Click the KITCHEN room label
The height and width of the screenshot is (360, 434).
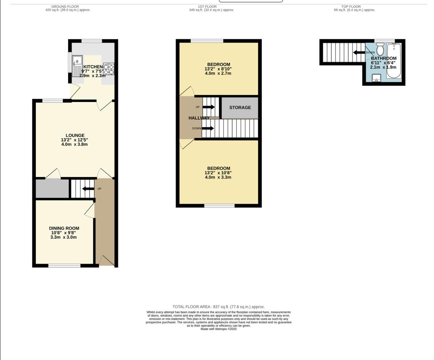point(93,67)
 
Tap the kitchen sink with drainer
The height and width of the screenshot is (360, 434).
point(77,66)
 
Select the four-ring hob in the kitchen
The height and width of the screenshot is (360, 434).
point(108,69)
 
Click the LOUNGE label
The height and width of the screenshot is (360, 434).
point(75,135)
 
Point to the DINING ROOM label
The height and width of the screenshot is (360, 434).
point(64,228)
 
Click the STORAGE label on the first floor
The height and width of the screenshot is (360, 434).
point(240,107)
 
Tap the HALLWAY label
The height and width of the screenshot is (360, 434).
point(199,118)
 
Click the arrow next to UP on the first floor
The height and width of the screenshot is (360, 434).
point(209,107)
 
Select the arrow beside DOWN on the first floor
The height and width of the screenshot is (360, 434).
point(208,128)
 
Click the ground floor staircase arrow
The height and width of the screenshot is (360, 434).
point(88,189)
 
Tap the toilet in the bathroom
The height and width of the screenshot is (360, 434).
point(380,50)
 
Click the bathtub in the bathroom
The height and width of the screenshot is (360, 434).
point(394,61)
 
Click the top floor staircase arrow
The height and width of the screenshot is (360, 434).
point(359,52)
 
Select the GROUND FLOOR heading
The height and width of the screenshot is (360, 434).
point(65,6)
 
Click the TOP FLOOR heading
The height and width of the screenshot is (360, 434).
point(351,6)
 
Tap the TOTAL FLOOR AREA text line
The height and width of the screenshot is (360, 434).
point(218,307)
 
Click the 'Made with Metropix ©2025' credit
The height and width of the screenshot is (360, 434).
point(218,329)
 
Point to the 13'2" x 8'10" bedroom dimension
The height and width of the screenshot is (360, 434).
point(218,69)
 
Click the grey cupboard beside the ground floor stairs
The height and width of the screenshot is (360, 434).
point(52,189)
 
